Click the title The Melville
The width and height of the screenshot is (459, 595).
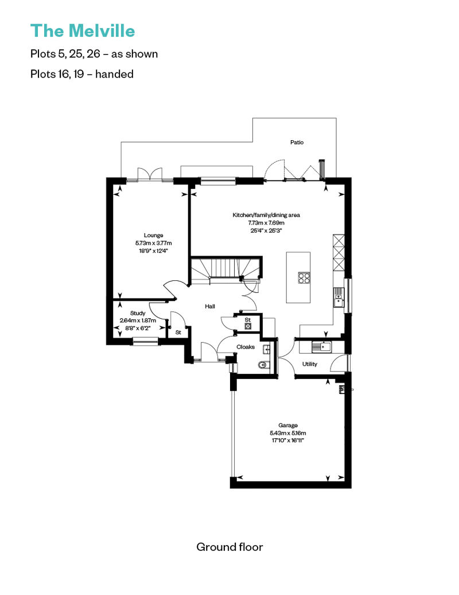click(x=83, y=31)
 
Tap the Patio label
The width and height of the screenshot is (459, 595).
click(x=297, y=142)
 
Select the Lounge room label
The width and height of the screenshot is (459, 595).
click(x=154, y=235)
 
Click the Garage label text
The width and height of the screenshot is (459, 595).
click(x=288, y=426)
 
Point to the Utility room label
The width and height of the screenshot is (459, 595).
click(x=310, y=364)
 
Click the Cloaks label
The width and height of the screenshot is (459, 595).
click(x=246, y=347)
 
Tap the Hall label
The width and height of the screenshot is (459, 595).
click(x=210, y=306)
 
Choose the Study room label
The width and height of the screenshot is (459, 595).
click(x=138, y=313)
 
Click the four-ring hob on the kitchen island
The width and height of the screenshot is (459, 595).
click(x=304, y=278)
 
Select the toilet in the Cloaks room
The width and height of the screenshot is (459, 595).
click(x=263, y=365)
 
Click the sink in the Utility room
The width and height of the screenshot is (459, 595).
click(x=321, y=346)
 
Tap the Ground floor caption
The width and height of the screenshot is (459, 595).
click(x=229, y=547)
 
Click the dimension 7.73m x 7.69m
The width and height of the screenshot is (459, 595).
click(x=266, y=223)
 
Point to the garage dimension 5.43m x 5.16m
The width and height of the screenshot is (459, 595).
click(x=288, y=433)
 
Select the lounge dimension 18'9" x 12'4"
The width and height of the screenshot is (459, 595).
click(x=154, y=250)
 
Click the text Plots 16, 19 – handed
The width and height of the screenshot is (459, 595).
click(x=82, y=74)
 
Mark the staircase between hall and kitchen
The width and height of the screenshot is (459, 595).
click(x=225, y=270)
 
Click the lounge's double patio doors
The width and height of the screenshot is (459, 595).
click(x=150, y=174)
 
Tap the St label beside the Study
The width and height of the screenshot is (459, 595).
click(x=178, y=333)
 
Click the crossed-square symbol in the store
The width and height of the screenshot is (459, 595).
click(x=248, y=326)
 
